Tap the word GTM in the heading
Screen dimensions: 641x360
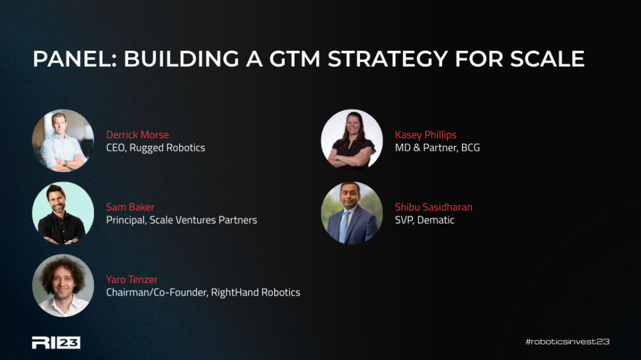[295, 59]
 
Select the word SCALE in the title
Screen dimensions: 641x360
[547, 59]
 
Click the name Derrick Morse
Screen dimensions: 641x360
[137, 135]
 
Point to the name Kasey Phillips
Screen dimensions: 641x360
[426, 135]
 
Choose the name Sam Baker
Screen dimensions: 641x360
[130, 207]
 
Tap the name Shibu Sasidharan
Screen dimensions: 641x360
[434, 207]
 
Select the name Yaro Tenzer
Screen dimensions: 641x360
[131, 279]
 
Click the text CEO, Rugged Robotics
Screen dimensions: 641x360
[155, 148]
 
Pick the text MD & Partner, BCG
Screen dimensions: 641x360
[438, 148]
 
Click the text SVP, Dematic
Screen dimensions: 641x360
[424, 220]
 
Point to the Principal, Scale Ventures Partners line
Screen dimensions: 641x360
[182, 220]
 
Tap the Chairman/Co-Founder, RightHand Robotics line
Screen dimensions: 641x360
[203, 292]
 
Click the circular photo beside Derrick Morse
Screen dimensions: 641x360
[63, 140]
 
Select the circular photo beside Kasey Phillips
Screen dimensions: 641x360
[352, 140]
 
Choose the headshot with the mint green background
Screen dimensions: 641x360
[63, 213]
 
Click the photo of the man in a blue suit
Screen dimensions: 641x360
[352, 213]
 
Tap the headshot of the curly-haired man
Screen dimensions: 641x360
[63, 285]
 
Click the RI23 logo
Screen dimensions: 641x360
[56, 342]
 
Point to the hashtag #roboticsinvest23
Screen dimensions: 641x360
[567, 342]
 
